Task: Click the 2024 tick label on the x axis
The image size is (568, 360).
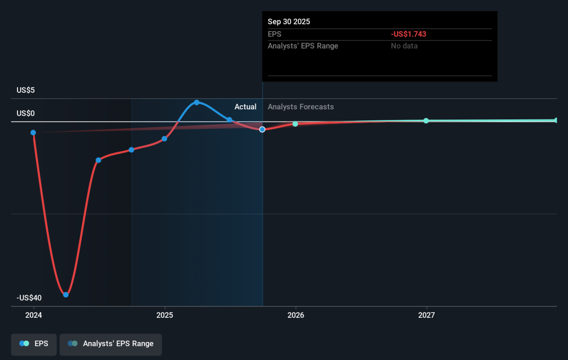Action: (x=34, y=315)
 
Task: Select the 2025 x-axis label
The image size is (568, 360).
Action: (x=165, y=315)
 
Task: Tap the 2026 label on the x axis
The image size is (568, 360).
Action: (x=296, y=315)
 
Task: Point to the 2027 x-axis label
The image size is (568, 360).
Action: (x=426, y=315)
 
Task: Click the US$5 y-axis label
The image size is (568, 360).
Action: (x=26, y=90)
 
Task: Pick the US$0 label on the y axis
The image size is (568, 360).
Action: (x=26, y=113)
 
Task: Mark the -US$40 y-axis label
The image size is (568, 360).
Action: (x=29, y=297)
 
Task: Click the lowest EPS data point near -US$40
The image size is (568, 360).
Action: (x=66, y=295)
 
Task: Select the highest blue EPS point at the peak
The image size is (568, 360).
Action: (x=196, y=102)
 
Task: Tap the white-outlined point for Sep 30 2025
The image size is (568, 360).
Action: (x=262, y=130)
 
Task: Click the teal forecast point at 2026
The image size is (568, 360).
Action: (x=295, y=124)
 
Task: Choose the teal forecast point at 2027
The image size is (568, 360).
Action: (x=426, y=121)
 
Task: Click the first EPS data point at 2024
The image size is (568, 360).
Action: (x=33, y=133)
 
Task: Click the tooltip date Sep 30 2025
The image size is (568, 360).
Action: (x=289, y=22)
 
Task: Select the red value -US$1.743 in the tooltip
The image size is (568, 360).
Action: (x=408, y=34)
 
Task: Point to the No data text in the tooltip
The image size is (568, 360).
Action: (x=404, y=46)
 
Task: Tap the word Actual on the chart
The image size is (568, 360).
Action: (x=245, y=107)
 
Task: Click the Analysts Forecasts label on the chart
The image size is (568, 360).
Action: (x=301, y=107)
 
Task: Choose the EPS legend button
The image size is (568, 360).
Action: (x=34, y=344)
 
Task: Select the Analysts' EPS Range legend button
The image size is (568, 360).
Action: (x=111, y=344)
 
